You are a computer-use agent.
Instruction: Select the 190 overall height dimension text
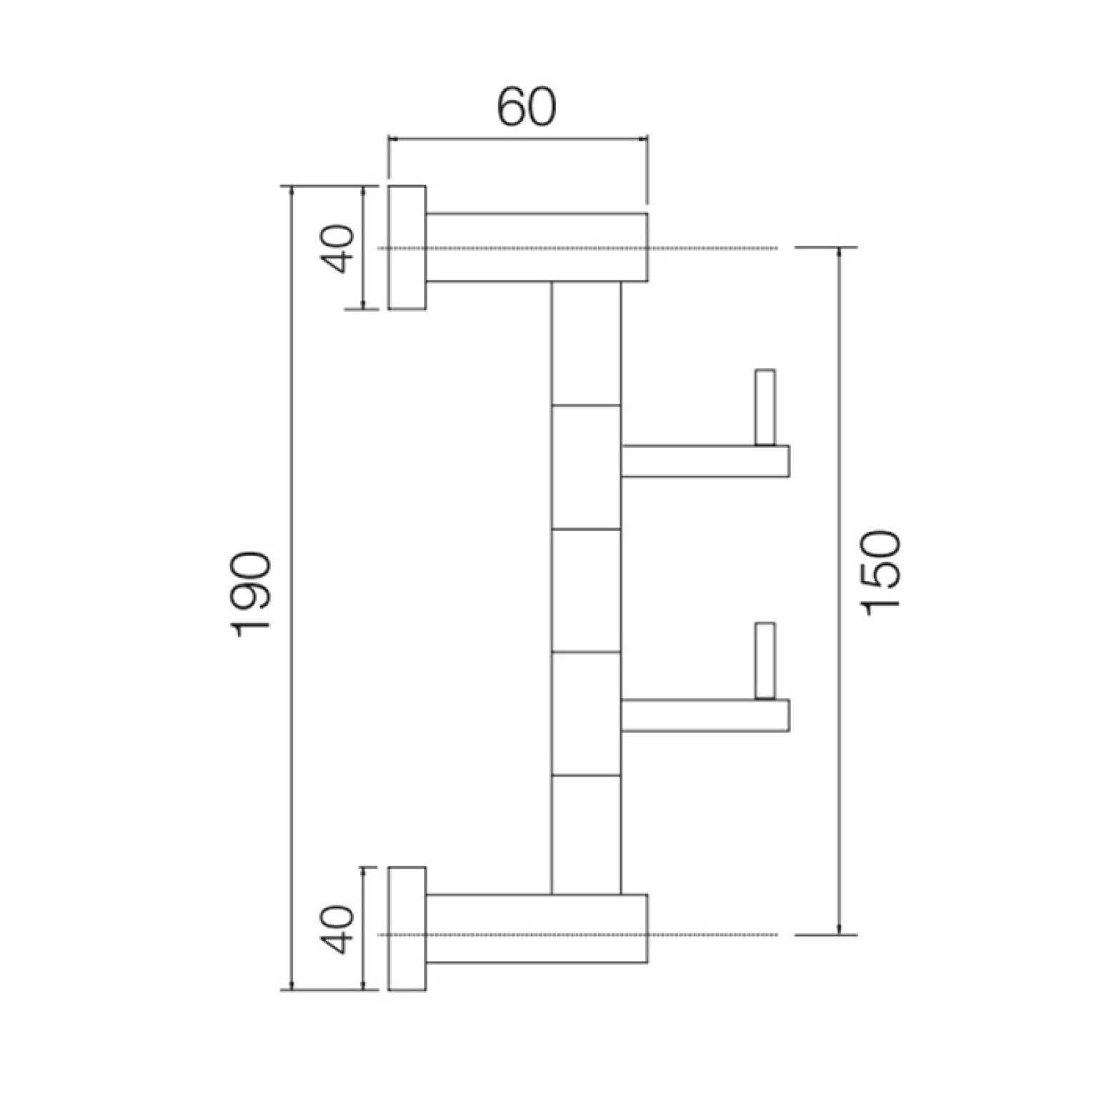251,590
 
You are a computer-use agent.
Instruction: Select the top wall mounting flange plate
407,248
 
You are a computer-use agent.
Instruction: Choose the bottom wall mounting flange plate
407,929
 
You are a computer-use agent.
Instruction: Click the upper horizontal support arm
537,247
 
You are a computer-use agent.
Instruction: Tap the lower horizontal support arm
537,928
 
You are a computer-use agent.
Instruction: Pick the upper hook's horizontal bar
704,461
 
